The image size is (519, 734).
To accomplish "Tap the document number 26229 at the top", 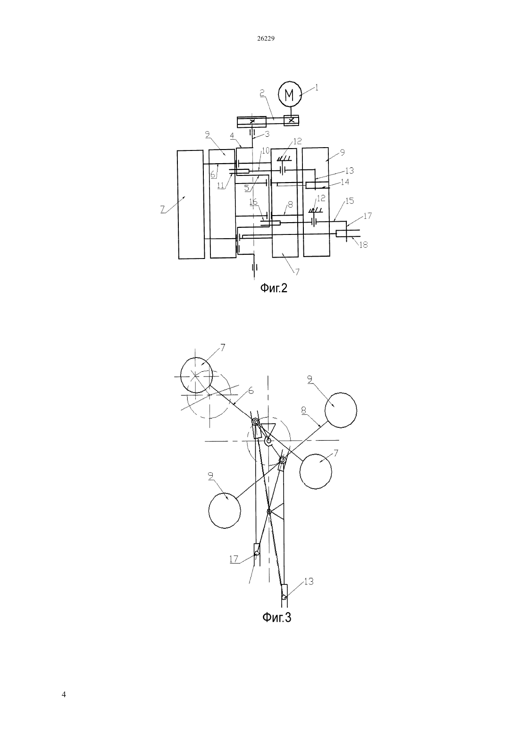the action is (266, 39).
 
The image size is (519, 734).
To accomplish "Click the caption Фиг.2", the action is (274, 288).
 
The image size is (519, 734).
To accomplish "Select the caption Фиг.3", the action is (277, 617).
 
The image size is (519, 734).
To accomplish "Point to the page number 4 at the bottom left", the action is (64, 694).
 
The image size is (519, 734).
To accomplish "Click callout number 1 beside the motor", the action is (317, 88).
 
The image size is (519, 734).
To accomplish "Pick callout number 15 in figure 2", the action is (350, 200).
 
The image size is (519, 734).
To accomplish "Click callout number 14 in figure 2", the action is (345, 182).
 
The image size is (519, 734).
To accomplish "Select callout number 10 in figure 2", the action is (265, 150).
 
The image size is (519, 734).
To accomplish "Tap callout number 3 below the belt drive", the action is (267, 134).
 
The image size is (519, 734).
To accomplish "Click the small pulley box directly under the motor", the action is (291, 120).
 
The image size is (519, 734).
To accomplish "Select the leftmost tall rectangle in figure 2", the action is (191, 204).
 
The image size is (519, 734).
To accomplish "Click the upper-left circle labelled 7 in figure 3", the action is (196, 375).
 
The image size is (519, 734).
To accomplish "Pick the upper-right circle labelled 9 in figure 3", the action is (341, 410).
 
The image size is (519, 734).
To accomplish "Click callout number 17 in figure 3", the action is (234, 559).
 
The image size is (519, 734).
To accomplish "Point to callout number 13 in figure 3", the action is (309, 581).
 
